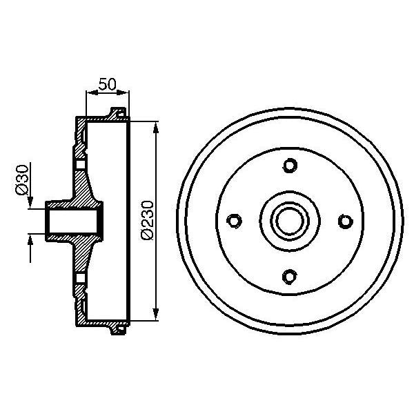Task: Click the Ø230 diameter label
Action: pyautogui.click(x=146, y=220)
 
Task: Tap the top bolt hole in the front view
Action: pyautogui.click(x=289, y=166)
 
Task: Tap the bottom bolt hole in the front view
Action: pyautogui.click(x=289, y=276)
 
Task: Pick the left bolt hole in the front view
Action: pyautogui.click(x=234, y=221)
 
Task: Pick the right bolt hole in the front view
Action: pyautogui.click(x=344, y=221)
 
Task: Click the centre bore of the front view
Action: pyautogui.click(x=289, y=221)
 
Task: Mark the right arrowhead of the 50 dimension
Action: pyautogui.click(x=126, y=93)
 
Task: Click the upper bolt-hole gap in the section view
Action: pyautogui.click(x=79, y=164)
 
